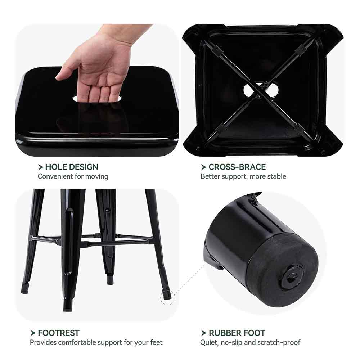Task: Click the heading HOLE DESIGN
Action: [72, 167]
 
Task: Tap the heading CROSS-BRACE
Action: [237, 167]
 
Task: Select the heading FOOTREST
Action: [59, 333]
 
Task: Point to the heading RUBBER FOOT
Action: [237, 333]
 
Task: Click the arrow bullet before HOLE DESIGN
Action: [41, 167]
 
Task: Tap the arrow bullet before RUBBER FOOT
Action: [203, 333]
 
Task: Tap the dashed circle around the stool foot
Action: [168, 297]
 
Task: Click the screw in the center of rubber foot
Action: [292, 276]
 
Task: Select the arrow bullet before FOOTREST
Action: [33, 333]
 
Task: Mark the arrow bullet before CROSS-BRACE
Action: [203, 167]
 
